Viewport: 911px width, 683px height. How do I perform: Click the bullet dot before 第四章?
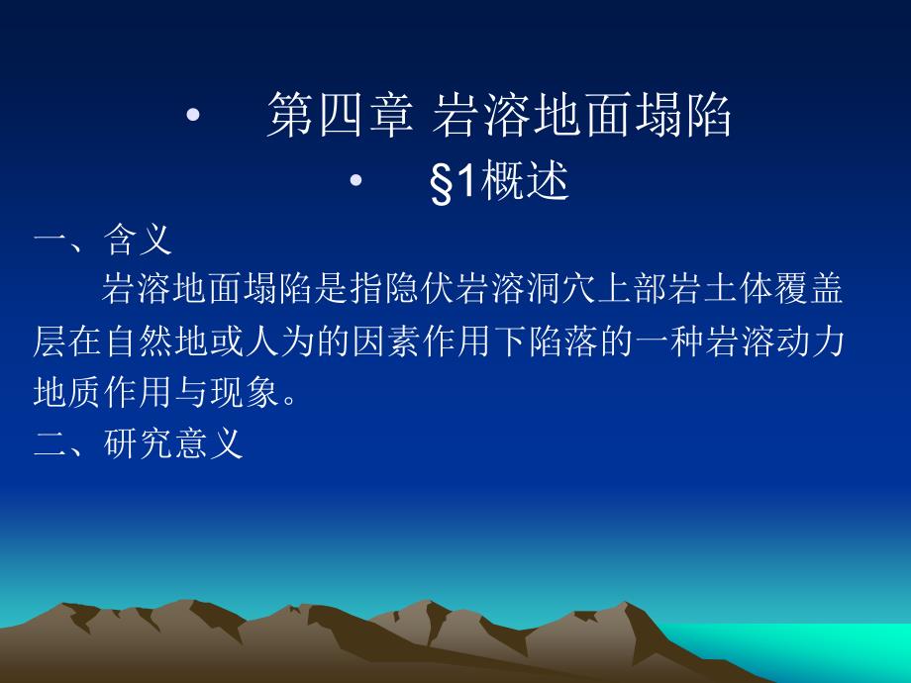(x=193, y=115)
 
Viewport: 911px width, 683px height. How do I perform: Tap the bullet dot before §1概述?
(x=355, y=180)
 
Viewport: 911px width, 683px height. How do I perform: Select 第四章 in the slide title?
(x=341, y=115)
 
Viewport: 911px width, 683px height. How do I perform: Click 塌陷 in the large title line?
(x=682, y=115)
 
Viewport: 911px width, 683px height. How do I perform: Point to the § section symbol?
(x=442, y=181)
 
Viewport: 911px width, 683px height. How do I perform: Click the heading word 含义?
(x=138, y=240)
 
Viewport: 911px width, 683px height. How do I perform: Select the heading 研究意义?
(x=173, y=443)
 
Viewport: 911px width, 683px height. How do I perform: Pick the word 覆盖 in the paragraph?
(x=809, y=289)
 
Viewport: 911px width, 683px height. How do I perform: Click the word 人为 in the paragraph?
(x=280, y=341)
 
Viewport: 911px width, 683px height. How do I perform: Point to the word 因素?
(x=385, y=341)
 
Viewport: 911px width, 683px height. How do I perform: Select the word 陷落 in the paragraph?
(x=561, y=341)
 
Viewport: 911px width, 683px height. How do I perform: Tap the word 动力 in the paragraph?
(x=809, y=341)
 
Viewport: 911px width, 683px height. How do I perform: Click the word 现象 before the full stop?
(x=245, y=392)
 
